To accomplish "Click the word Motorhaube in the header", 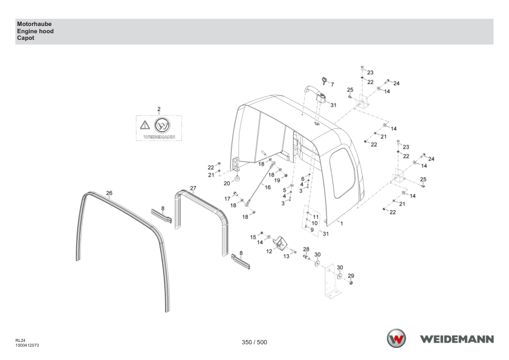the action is [34, 24].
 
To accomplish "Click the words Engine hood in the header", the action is [36, 31].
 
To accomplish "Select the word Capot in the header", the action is [25, 38].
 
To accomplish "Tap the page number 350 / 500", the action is [254, 342].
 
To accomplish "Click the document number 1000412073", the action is [27, 346].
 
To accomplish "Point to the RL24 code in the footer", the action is [20, 341].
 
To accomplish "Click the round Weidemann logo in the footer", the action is [396, 338].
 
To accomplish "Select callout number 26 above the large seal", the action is [109, 193].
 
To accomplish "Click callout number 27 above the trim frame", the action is [193, 188].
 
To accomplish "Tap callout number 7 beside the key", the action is [332, 85].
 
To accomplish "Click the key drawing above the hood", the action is [324, 81].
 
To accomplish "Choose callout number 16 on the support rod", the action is [267, 187].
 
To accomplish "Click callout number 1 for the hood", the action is [341, 223].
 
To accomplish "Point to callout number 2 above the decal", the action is [159, 109].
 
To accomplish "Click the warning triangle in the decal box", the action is [144, 125].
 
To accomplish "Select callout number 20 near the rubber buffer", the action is [227, 183].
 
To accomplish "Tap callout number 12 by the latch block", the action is [269, 251].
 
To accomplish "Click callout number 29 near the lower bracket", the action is [351, 275].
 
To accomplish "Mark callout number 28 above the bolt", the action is [306, 249].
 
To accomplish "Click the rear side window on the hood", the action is [343, 173].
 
